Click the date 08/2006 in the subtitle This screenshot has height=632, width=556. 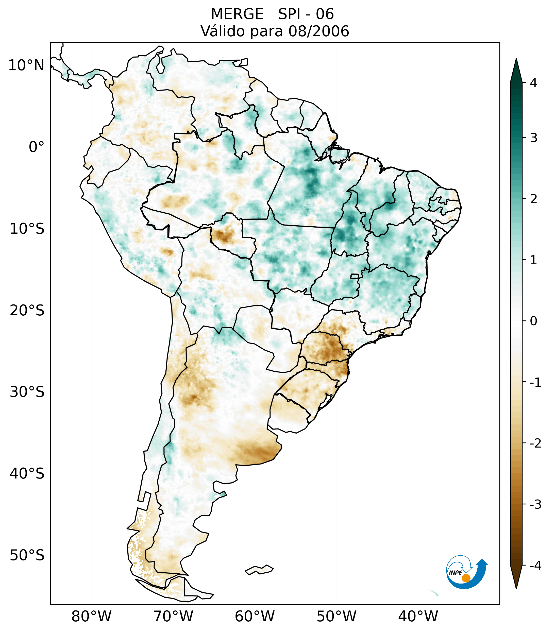[318, 31]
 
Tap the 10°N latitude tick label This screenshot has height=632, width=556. [26, 65]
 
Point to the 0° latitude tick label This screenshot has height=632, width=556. [37, 147]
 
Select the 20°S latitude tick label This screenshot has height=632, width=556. [27, 311]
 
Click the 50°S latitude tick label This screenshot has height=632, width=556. [27, 556]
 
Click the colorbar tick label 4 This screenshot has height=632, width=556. [533, 83]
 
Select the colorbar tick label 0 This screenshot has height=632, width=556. [533, 321]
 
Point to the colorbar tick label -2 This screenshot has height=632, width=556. [535, 443]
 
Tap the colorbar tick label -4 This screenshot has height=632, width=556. [535, 566]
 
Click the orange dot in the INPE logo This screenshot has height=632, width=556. [466, 578]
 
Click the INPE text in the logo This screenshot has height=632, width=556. [455, 573]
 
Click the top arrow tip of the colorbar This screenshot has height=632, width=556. [516, 59]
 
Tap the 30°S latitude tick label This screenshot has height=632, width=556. [27, 392]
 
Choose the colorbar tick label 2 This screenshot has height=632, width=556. [533, 199]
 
